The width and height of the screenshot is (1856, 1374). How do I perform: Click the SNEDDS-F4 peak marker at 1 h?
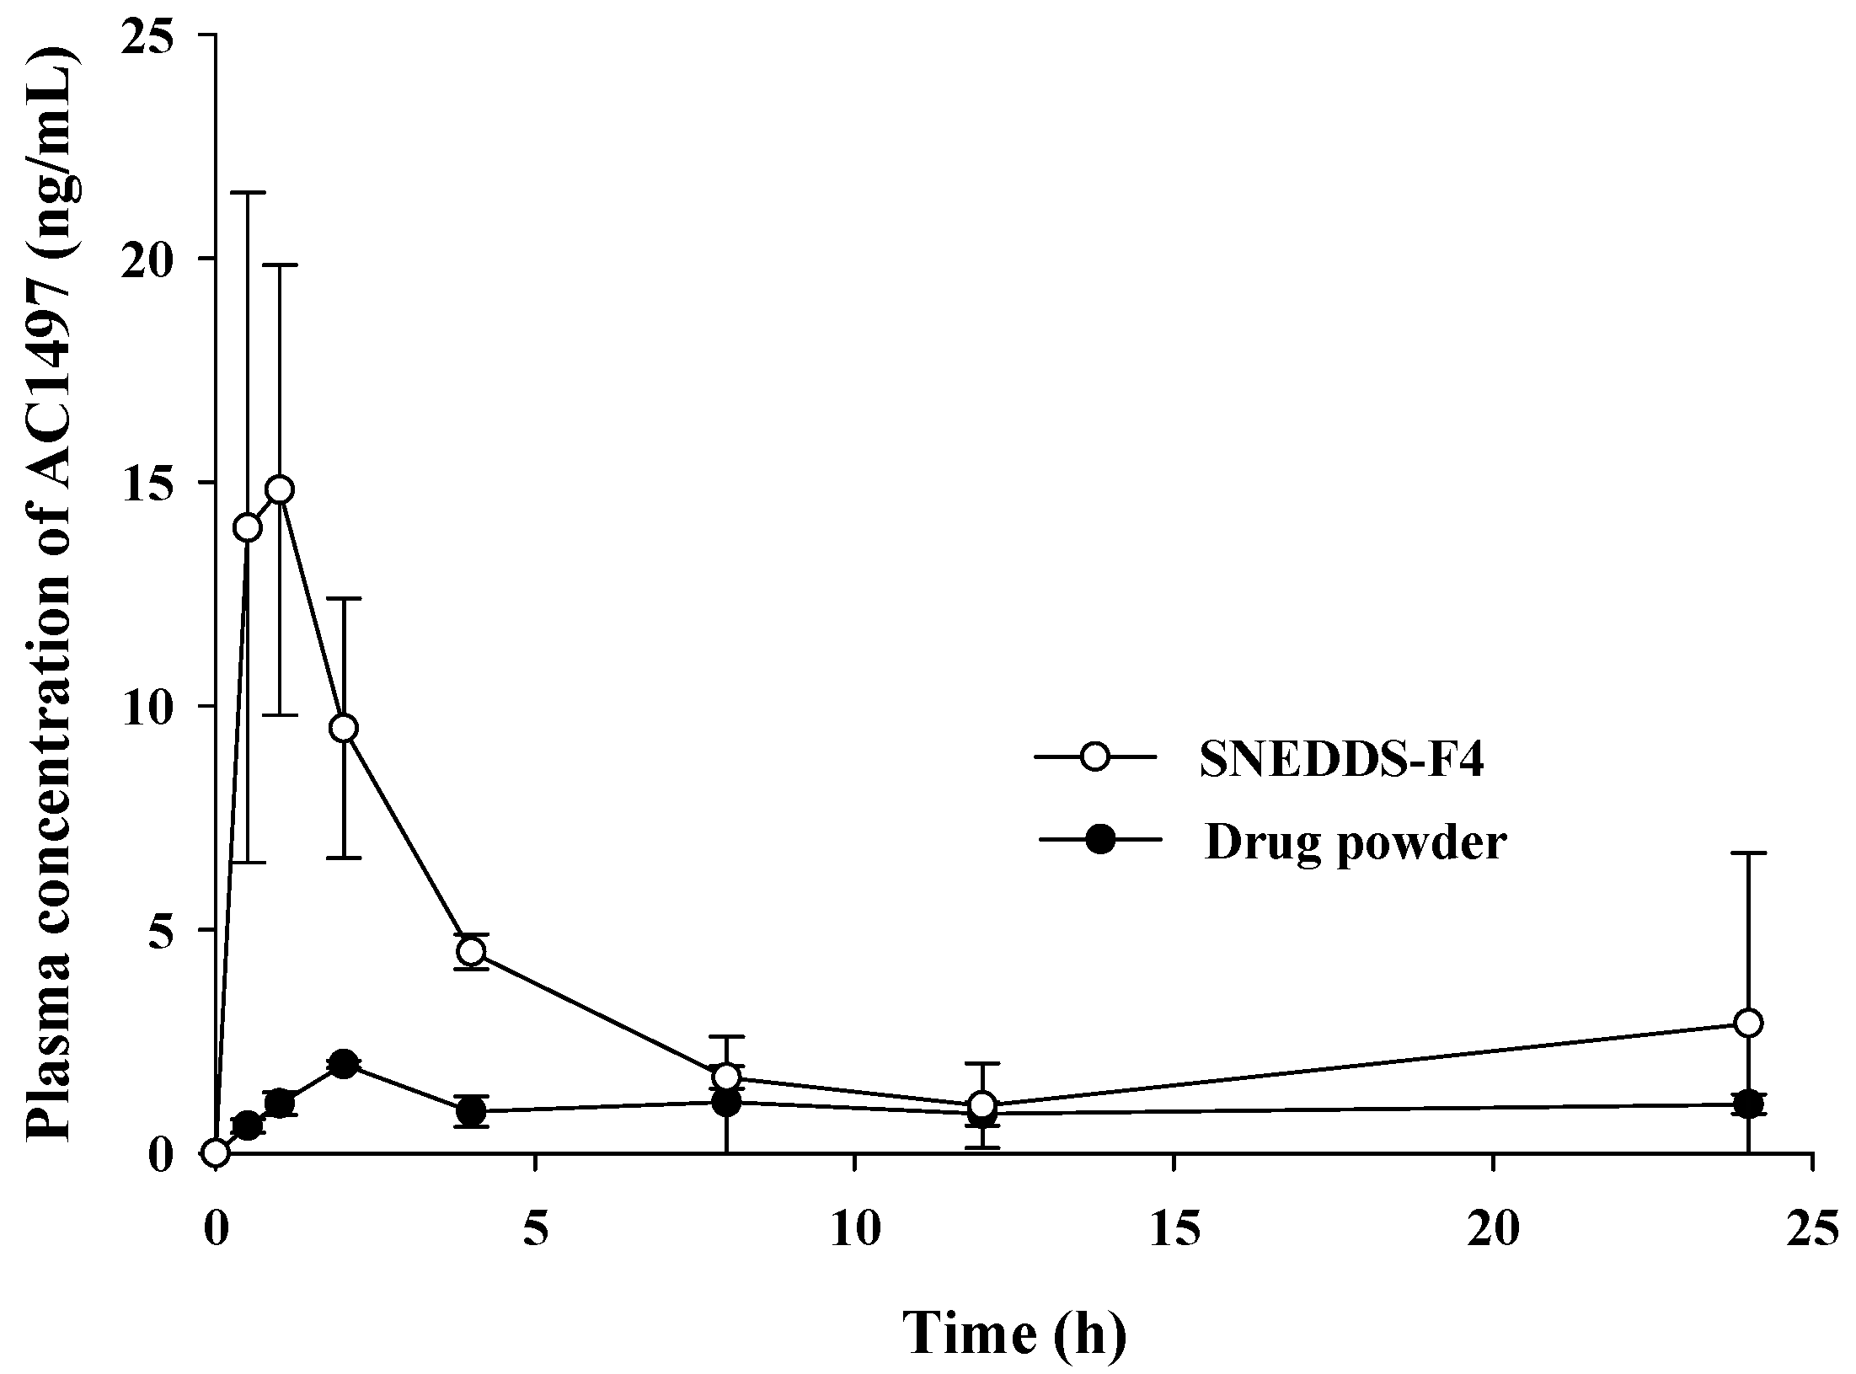click(280, 489)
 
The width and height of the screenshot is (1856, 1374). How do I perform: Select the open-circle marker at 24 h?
click(1749, 1023)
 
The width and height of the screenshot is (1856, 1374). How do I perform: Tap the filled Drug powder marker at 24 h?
click(1749, 1104)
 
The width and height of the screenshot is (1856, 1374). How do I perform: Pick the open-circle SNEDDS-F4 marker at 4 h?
click(472, 951)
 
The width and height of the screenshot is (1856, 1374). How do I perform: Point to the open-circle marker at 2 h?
click(344, 728)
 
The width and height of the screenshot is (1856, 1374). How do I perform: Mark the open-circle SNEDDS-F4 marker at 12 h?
click(982, 1104)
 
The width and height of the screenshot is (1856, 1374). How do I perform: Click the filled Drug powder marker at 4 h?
click(472, 1111)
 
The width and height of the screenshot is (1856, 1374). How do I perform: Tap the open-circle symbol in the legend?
click(1094, 757)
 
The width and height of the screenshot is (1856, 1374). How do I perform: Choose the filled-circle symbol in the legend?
click(1099, 839)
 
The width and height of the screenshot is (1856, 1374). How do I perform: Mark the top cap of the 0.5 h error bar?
click(248, 193)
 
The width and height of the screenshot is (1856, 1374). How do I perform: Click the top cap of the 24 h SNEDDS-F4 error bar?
click(1749, 853)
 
